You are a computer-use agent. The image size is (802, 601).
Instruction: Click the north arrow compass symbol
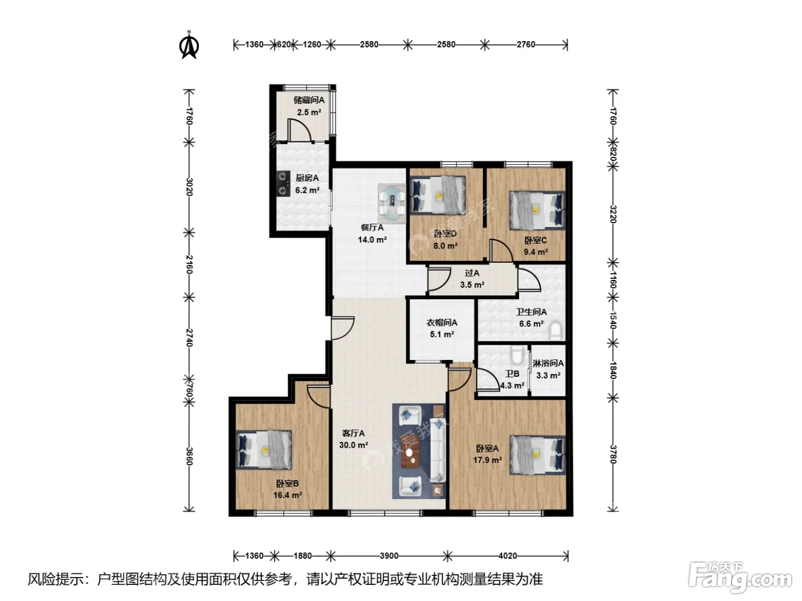click(x=189, y=45)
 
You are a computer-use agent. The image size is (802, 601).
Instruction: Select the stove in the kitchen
click(x=283, y=184)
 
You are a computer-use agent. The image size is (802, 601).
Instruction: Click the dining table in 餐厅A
click(x=392, y=204)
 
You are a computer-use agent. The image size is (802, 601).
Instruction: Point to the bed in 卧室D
click(x=438, y=195)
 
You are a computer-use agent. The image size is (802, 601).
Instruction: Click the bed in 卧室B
click(x=264, y=449)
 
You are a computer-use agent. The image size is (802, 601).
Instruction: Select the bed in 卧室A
click(x=537, y=454)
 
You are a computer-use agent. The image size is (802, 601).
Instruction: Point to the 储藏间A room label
click(x=309, y=100)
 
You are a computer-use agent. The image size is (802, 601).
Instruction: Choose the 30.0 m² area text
click(x=353, y=445)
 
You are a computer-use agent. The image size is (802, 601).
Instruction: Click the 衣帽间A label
click(x=442, y=322)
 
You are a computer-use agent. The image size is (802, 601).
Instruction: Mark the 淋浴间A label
click(x=548, y=363)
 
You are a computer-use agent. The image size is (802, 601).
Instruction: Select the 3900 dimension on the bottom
click(x=389, y=556)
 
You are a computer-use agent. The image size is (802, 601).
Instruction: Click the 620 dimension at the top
click(x=284, y=45)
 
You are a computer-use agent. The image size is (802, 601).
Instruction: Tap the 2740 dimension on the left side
click(x=189, y=338)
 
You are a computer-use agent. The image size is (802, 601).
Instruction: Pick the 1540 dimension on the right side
click(x=613, y=320)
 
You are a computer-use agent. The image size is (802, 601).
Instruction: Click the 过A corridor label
click(x=472, y=273)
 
